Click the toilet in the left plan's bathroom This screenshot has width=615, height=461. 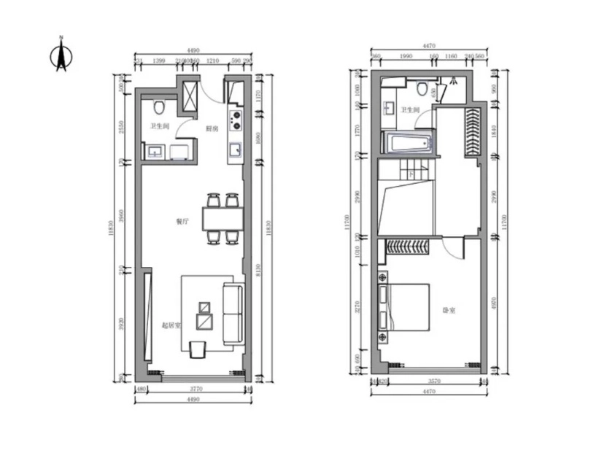coord(160,108)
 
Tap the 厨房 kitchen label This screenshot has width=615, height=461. coord(212,128)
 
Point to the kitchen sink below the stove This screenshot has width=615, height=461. coord(236,150)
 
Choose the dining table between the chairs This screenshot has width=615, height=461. coord(222,218)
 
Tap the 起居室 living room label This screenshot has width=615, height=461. coord(170,325)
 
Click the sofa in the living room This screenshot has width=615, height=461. coord(233,314)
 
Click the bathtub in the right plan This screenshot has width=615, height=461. coord(409,143)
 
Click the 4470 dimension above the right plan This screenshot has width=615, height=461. coord(428,45)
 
